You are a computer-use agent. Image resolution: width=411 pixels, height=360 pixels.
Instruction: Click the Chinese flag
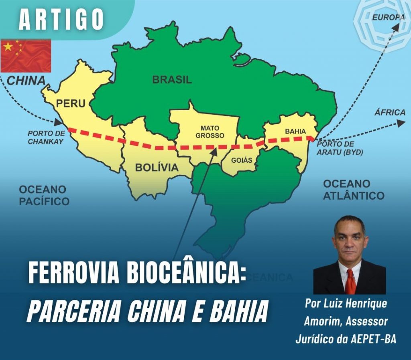(x=26, y=55)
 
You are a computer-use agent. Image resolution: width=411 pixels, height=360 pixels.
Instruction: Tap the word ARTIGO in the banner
(x=61, y=19)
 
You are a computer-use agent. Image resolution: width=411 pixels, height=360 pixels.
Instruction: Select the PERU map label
(x=71, y=103)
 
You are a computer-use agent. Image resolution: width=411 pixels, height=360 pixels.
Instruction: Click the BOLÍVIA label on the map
(x=157, y=167)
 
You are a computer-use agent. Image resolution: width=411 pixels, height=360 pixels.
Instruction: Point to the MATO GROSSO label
(x=210, y=131)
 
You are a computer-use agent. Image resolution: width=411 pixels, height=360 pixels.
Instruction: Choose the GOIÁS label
(x=242, y=160)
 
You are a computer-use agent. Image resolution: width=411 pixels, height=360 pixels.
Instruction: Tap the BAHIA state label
(x=295, y=131)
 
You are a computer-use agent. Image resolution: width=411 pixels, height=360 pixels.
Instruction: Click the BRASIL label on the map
(x=172, y=79)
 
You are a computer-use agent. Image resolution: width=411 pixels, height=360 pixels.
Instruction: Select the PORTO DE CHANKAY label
(x=46, y=137)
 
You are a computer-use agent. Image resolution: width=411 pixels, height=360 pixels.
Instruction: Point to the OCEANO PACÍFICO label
(x=44, y=195)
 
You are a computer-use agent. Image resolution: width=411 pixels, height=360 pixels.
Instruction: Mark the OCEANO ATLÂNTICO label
(x=353, y=190)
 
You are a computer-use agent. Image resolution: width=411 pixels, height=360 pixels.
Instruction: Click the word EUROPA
(x=388, y=17)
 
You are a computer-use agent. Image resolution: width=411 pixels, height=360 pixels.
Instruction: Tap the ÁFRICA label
(x=390, y=112)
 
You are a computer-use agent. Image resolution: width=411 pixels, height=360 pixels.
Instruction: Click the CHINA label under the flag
(x=26, y=80)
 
